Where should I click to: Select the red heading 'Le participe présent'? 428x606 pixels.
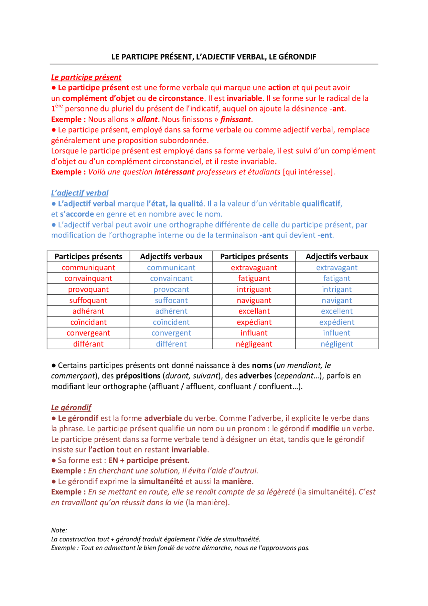click(x=86, y=77)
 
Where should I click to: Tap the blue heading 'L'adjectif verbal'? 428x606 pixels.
click(x=80, y=193)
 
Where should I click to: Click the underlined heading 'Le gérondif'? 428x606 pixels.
click(x=71, y=408)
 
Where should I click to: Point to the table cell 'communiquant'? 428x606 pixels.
click(x=88, y=268)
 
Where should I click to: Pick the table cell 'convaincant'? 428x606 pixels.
click(x=171, y=278)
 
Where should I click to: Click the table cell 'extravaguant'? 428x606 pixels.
click(x=254, y=268)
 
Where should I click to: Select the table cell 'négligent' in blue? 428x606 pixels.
click(x=337, y=344)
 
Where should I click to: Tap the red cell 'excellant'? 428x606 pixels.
click(x=254, y=311)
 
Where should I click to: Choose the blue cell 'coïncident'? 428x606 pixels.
click(x=171, y=322)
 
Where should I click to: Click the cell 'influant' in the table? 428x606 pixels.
click(x=254, y=333)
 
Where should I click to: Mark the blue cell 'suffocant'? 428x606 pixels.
click(x=171, y=300)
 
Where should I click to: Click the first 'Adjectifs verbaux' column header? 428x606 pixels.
click(x=171, y=257)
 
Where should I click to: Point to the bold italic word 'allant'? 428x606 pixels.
click(x=147, y=119)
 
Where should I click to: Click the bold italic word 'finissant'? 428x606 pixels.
click(x=235, y=119)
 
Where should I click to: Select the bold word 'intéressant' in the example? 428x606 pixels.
click(x=174, y=172)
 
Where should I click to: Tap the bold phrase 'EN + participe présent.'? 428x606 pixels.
click(x=149, y=460)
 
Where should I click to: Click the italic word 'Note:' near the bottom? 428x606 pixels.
click(x=59, y=530)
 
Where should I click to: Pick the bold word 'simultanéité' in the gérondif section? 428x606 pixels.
click(x=160, y=482)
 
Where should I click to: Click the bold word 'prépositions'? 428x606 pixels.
click(x=138, y=376)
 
